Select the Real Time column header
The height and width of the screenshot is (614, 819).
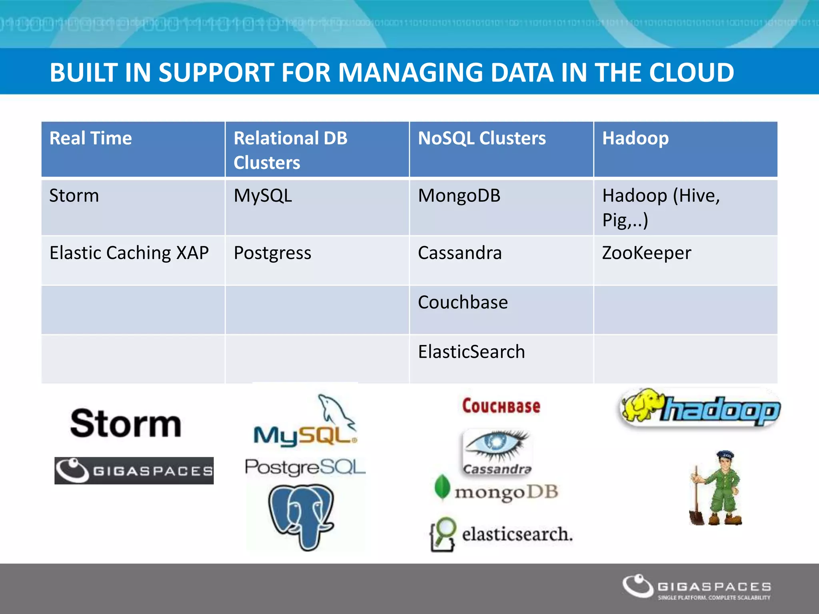pos(91,138)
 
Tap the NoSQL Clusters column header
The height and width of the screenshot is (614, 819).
pos(481,138)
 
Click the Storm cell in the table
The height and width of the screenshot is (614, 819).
pos(74,196)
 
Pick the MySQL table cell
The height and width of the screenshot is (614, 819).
pos(263,196)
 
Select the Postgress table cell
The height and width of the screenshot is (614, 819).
pos(272,253)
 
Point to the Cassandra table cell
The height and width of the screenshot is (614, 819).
pos(459,253)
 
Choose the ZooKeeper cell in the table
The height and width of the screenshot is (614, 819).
pos(646,253)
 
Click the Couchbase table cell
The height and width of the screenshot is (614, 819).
pos(463,303)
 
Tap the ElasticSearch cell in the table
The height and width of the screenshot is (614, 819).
pos(471,352)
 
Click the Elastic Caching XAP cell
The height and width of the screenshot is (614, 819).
pos(129,253)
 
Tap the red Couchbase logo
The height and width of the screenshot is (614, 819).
pos(501,406)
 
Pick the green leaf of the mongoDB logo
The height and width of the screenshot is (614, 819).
pos(442,487)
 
